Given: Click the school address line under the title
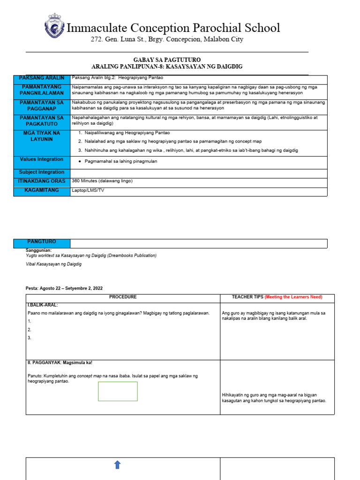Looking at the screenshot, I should pyautogui.click(x=166, y=39).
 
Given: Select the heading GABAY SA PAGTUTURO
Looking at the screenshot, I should pyautogui.click(x=167, y=60).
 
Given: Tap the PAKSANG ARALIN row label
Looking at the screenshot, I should pyautogui.click(x=42, y=78).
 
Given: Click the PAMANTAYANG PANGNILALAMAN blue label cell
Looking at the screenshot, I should pyautogui.click(x=42, y=90).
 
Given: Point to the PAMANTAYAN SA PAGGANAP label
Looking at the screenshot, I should pyautogui.click(x=42, y=106).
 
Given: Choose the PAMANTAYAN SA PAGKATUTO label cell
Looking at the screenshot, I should pyautogui.click(x=42, y=121).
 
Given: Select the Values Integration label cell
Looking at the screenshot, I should pyautogui.click(x=42, y=160).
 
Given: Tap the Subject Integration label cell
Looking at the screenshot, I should pyautogui.click(x=42, y=172).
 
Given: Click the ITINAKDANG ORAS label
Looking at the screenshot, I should pyautogui.click(x=42, y=181).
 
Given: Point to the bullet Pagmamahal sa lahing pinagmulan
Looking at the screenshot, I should pyautogui.click(x=121, y=161).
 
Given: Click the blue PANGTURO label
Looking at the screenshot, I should pyautogui.click(x=42, y=242).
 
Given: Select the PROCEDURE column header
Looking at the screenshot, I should pyautogui.click(x=123, y=297).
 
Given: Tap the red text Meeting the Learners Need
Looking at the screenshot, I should pyautogui.click(x=293, y=297).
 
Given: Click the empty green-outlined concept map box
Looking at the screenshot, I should pyautogui.click(x=118, y=391).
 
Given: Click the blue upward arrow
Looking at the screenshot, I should pyautogui.click(x=117, y=465).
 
